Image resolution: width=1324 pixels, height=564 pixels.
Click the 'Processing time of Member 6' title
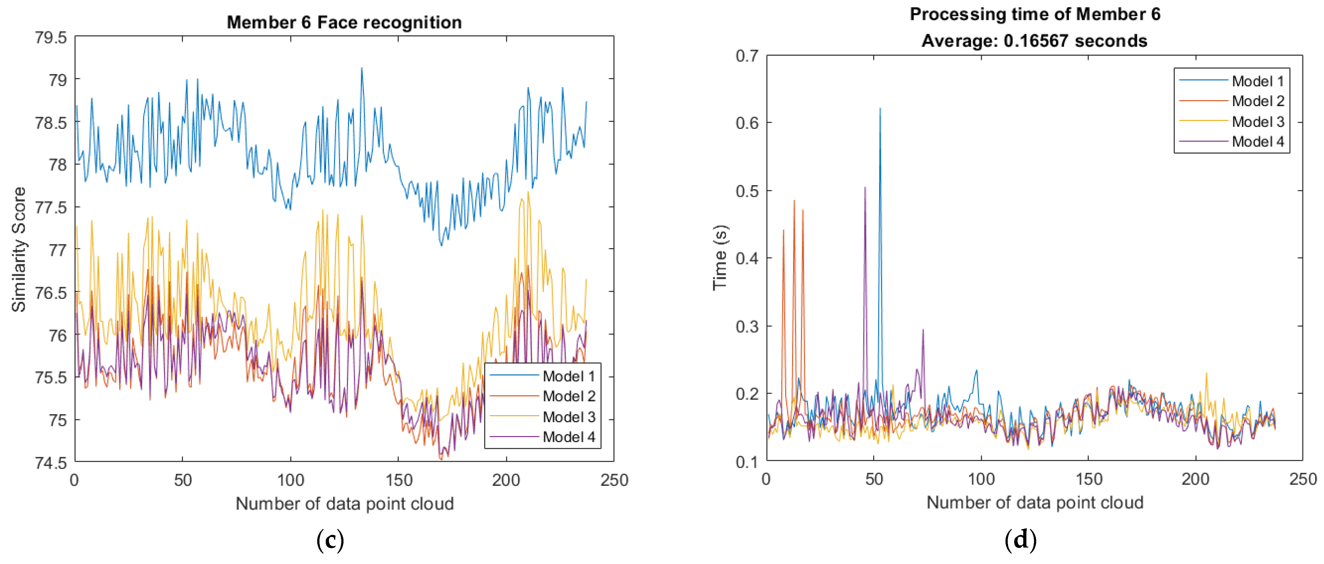(x=1035, y=14)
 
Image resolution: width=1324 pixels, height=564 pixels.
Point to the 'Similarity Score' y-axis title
(x=19, y=249)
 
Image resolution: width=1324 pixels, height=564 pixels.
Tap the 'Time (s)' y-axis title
(x=720, y=258)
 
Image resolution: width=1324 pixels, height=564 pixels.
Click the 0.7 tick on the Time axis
(x=747, y=55)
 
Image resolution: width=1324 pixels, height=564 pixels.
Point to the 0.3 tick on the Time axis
(x=747, y=326)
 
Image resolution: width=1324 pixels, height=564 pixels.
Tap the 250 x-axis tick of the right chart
(x=1303, y=479)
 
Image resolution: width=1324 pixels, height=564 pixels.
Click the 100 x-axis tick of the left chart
(x=291, y=480)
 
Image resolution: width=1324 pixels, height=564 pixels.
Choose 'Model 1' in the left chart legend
(x=569, y=377)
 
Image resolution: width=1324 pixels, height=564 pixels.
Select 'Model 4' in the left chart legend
(x=569, y=437)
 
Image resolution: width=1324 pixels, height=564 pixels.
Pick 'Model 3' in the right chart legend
(x=1258, y=122)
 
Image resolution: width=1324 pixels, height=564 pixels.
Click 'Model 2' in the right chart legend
(x=1258, y=101)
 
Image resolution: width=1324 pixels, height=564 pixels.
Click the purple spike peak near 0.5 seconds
(x=865, y=188)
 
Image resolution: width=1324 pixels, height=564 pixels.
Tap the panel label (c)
(x=330, y=540)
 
